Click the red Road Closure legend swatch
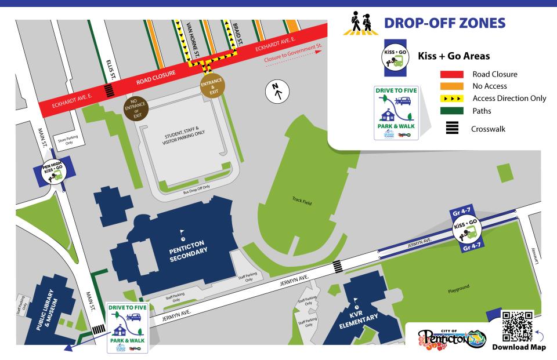453,74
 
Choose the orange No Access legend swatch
453,86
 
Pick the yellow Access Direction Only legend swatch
453,99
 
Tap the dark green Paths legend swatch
453,111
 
